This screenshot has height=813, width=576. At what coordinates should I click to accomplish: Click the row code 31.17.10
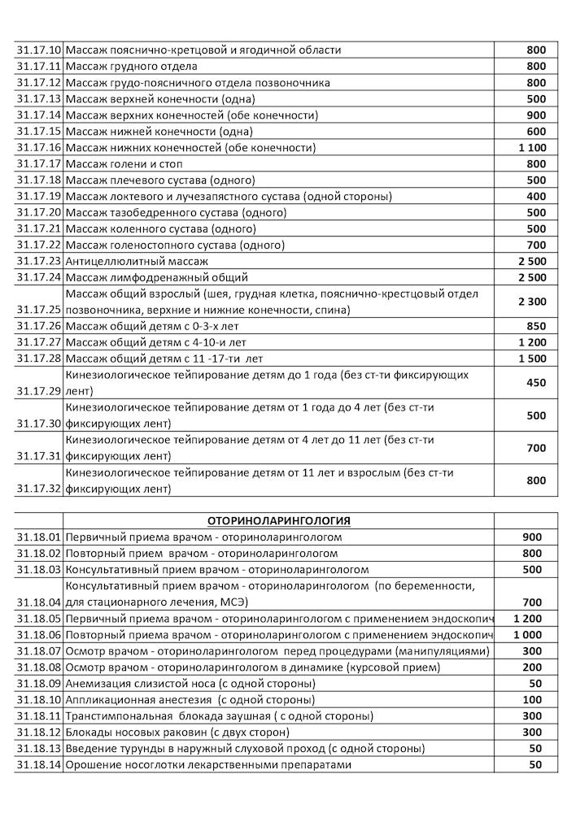point(39,50)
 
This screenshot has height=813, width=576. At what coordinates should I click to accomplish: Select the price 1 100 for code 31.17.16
point(531,147)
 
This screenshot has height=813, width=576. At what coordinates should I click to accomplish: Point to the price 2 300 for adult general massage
point(531,301)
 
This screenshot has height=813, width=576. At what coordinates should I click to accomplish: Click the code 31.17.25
point(39,310)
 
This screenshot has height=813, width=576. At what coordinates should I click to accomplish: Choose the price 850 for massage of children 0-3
point(535,326)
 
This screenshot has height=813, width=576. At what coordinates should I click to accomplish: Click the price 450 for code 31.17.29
point(535,383)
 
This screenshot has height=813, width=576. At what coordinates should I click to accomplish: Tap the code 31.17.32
point(39,489)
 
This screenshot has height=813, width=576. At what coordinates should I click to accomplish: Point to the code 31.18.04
point(39,602)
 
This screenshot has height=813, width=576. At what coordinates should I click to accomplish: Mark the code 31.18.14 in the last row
point(39,765)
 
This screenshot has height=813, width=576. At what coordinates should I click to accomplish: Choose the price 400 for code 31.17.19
point(535,196)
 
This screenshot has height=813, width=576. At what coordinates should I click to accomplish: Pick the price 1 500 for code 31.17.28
point(531,359)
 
